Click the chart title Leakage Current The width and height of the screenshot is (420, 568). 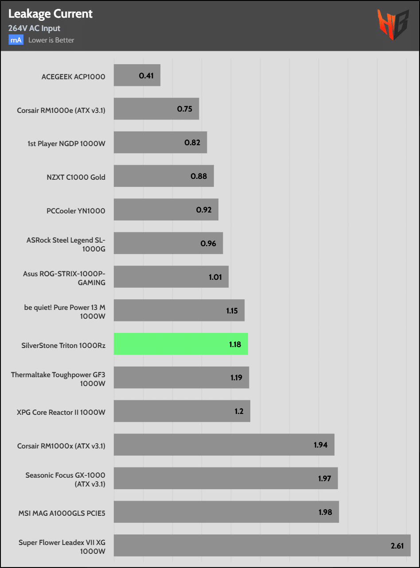(x=51, y=14)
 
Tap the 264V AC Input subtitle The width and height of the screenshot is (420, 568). (x=34, y=28)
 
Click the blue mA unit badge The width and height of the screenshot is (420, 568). (x=16, y=40)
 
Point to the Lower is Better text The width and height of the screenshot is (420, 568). (x=51, y=40)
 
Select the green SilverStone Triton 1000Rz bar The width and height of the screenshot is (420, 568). (x=181, y=344)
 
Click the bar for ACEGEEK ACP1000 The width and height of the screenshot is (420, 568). (x=137, y=75)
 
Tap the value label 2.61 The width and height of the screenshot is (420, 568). (x=397, y=545)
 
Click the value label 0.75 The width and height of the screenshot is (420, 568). (x=185, y=109)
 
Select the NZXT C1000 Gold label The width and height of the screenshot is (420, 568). (x=76, y=177)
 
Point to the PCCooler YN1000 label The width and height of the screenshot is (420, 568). (x=76, y=211)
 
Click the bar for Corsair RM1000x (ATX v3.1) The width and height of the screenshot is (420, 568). (x=224, y=444)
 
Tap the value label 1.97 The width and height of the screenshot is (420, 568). (x=325, y=478)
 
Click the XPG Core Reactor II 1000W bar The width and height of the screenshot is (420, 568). (x=182, y=411)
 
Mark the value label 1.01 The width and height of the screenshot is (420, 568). (x=216, y=277)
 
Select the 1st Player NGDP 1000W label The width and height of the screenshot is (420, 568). (x=66, y=143)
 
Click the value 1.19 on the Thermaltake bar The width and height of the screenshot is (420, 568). (x=237, y=378)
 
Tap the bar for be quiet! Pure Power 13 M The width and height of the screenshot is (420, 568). (x=179, y=310)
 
